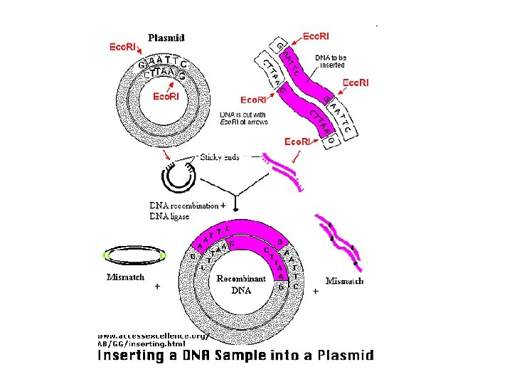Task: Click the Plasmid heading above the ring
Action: [x=166, y=38]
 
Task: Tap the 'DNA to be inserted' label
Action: [x=331, y=60]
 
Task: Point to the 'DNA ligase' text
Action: [x=169, y=216]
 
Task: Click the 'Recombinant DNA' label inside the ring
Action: [x=241, y=283]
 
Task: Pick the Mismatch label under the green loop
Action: [x=125, y=277]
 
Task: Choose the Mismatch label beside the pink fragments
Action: [x=344, y=281]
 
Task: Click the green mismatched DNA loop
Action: [x=134, y=255]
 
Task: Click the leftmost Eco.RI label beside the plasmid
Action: [x=122, y=47]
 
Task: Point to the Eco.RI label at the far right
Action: [x=356, y=83]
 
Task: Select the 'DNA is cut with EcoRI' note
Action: [x=243, y=118]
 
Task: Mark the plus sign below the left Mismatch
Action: [x=156, y=287]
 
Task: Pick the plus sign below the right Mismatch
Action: [x=315, y=291]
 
